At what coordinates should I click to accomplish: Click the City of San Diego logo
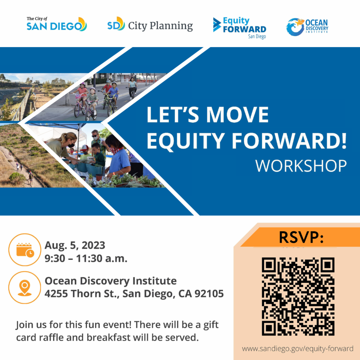57,24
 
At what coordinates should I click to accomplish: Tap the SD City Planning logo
150,24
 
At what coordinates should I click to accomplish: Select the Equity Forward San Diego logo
240,28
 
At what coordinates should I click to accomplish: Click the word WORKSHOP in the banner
301,166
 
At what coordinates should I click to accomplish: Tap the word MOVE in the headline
237,115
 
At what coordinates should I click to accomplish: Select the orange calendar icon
25,250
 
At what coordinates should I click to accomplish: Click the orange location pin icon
25,287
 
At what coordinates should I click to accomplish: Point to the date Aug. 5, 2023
75,245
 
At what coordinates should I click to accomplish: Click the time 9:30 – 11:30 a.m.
86,259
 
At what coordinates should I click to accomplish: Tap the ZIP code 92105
209,293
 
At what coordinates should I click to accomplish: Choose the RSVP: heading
301,237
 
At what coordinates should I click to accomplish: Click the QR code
298,296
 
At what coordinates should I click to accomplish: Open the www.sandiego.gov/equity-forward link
298,349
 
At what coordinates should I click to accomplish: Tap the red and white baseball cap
84,148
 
